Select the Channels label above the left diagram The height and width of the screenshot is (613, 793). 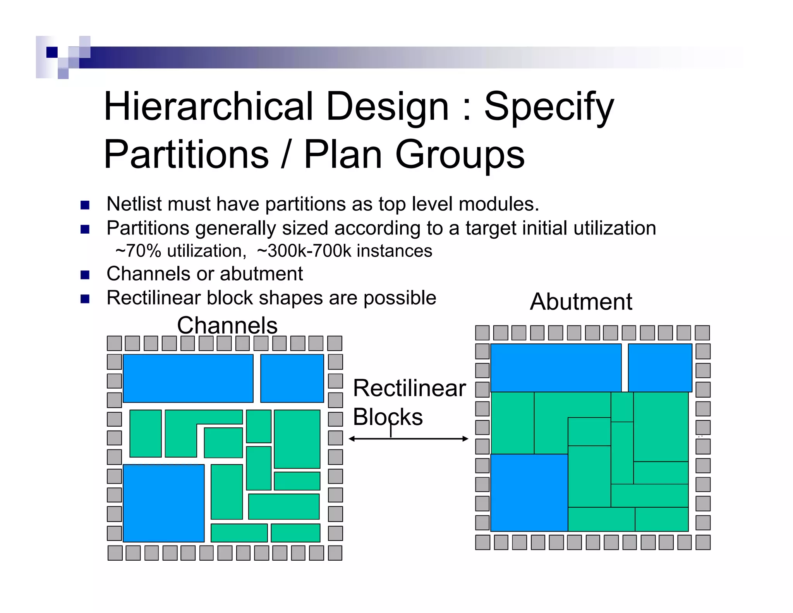(227, 325)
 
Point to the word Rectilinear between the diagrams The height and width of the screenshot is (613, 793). (409, 388)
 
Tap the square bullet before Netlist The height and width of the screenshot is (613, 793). (85, 205)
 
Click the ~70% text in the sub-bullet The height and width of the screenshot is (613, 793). (138, 251)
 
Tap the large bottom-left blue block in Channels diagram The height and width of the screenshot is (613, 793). (163, 503)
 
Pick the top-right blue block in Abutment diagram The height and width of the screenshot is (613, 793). (660, 367)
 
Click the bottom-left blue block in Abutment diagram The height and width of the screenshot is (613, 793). (529, 492)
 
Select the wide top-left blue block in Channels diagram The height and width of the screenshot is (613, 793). (188, 378)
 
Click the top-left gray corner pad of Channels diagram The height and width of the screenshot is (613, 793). (114, 343)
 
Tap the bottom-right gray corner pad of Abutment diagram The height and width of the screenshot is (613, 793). (702, 542)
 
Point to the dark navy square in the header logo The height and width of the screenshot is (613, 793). (51, 52)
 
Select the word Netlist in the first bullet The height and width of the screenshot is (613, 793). (134, 204)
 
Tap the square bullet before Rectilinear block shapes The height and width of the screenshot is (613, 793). (85, 299)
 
